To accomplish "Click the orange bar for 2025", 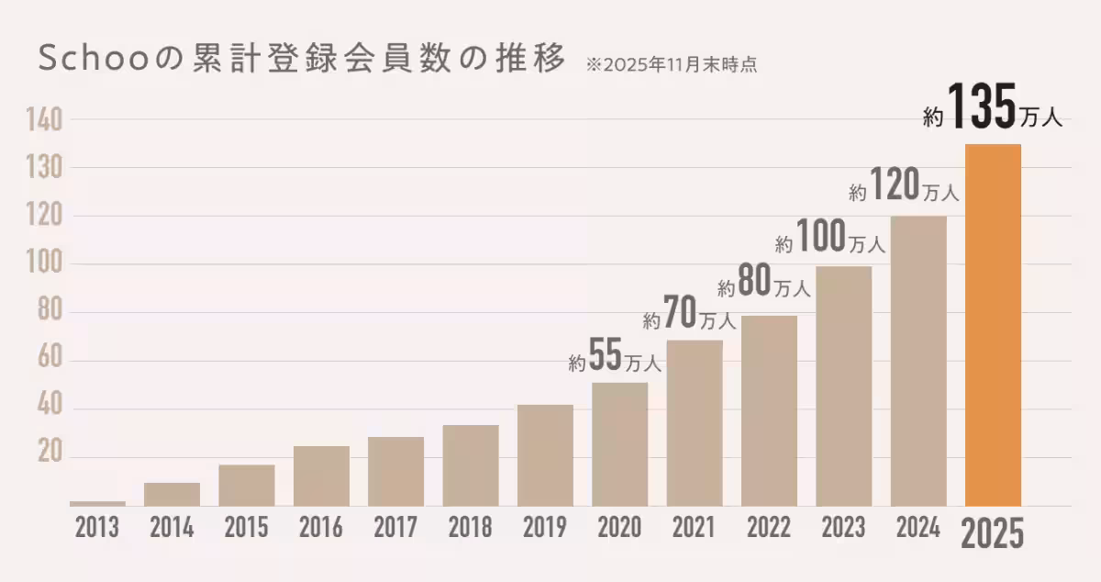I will [993, 325].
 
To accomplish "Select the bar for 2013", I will [97, 503].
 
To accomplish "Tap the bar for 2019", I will [545, 455].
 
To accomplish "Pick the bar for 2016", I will [321, 476].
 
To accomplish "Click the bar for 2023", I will [843, 386].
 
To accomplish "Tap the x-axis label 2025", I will [992, 533].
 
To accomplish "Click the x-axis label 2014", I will [172, 528].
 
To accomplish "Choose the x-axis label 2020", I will [619, 528].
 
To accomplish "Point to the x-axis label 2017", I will [395, 528].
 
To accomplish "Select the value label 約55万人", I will [615, 358].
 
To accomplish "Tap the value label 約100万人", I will [829, 239].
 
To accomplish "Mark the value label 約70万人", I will [689, 316].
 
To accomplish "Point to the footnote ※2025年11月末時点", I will [671, 65].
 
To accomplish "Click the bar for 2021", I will [695, 422].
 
